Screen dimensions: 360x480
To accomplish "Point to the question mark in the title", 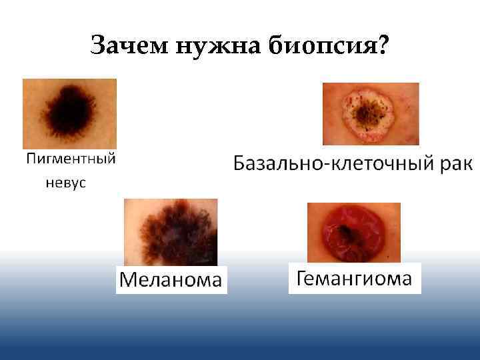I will [385, 46].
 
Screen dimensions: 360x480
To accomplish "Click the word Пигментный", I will [71, 159].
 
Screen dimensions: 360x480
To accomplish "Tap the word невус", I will [65, 182].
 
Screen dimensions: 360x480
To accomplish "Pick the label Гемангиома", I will [355, 277].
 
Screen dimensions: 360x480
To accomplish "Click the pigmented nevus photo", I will [69, 113].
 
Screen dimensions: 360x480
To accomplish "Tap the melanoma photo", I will [171, 231].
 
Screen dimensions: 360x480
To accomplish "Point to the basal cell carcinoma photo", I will [371, 113].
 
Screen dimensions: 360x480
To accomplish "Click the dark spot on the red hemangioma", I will [347, 234].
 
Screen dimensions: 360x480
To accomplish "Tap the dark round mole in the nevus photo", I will [67, 111].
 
